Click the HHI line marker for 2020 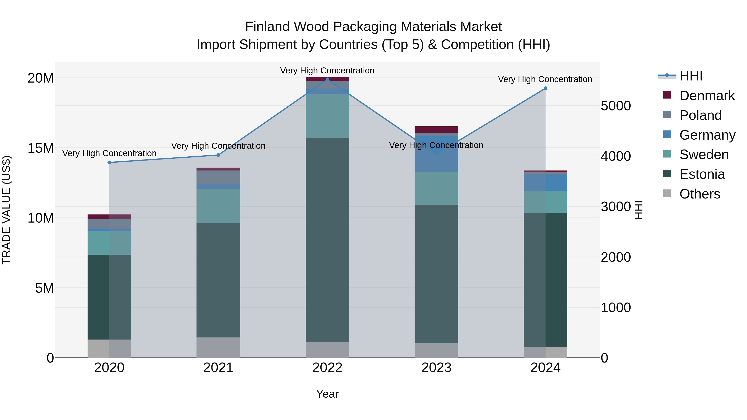click(109, 163)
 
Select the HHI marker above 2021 click(218, 155)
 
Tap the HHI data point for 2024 click(546, 88)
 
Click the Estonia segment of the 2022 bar click(327, 239)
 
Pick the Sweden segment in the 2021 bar click(218, 206)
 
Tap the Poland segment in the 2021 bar click(218, 177)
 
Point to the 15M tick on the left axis click(41, 148)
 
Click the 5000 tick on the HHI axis click(616, 106)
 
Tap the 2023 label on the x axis click(436, 368)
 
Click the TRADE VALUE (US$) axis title click(6, 210)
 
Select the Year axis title click(327, 394)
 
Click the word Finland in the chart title click(267, 27)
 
